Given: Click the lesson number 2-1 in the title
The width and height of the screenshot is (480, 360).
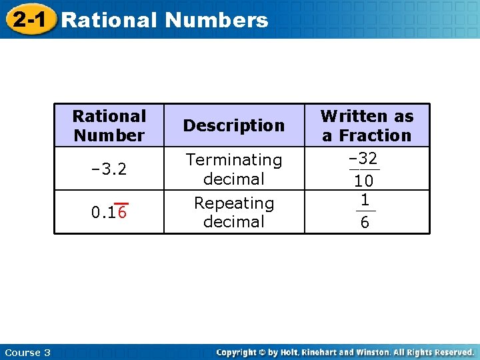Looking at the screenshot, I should click(x=29, y=20).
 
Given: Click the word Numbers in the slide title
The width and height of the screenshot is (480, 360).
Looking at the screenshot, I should click(x=216, y=20).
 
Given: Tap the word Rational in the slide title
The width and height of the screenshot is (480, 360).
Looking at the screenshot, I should click(x=109, y=20).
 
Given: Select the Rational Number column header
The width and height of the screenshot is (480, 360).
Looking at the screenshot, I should click(x=109, y=126).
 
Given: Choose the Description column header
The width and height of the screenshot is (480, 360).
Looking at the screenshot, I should click(x=234, y=125).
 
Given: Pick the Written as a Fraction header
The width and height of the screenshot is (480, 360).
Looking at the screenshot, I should click(x=367, y=126).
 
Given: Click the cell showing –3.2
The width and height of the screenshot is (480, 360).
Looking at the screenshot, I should click(x=109, y=169).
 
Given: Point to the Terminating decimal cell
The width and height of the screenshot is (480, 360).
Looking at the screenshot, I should click(x=234, y=169).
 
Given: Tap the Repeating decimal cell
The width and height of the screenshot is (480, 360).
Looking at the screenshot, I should click(x=234, y=212).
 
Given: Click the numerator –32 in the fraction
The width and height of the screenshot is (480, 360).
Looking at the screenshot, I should click(x=363, y=159).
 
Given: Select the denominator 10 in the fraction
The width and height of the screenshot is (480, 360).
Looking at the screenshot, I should click(x=363, y=181).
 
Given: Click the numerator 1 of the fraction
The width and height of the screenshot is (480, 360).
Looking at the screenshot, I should click(x=365, y=200).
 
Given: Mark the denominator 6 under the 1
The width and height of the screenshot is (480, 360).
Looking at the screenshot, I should click(x=365, y=223).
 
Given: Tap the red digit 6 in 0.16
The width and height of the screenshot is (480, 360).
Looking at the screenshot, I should click(x=123, y=213).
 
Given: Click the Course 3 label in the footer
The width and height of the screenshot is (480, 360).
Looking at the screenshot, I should click(x=27, y=352).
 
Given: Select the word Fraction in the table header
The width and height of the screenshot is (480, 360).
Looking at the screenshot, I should click(x=375, y=135).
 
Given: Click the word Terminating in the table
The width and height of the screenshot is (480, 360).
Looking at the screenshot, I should click(x=234, y=160).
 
